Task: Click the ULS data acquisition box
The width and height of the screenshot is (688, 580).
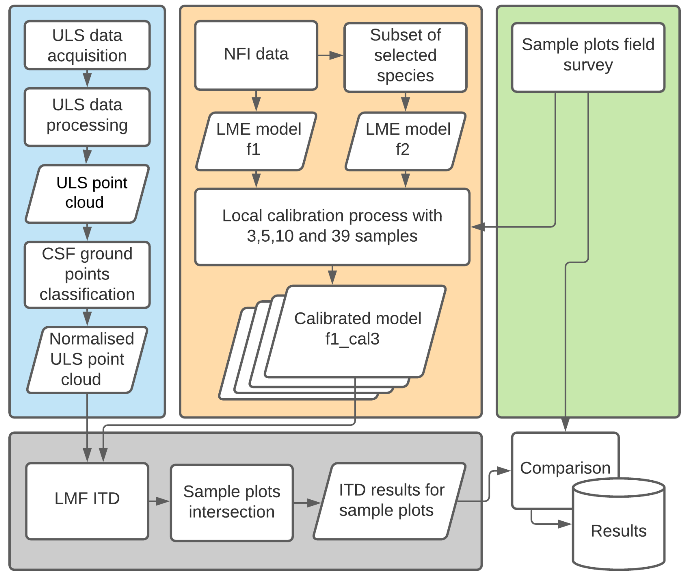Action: click(x=87, y=45)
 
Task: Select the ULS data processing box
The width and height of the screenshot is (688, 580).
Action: click(x=87, y=117)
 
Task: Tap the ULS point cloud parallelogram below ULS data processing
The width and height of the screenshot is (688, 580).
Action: click(x=87, y=194)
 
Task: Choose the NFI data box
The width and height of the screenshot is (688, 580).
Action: click(x=256, y=55)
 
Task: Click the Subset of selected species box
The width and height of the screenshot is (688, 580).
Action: click(x=405, y=57)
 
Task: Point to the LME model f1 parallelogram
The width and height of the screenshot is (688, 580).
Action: click(x=256, y=141)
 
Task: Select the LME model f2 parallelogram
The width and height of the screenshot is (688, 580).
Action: click(x=405, y=141)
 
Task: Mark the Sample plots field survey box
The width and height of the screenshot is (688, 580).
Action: click(x=588, y=57)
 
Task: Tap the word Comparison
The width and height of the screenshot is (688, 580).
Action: click(x=565, y=468)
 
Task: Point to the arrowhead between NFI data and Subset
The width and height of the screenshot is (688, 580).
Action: click(x=336, y=55)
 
